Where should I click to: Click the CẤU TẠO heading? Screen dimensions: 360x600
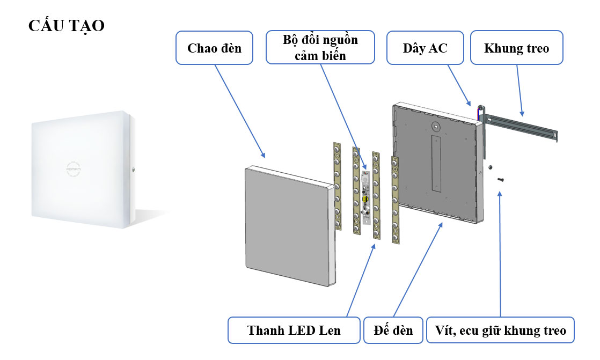[67, 26]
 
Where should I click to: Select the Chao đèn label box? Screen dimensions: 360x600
[214, 48]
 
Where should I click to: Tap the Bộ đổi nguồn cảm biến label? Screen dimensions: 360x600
[321, 47]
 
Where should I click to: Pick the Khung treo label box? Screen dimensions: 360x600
[516, 48]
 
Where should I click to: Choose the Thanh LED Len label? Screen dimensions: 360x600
[294, 330]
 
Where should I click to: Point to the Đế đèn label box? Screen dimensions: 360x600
[393, 330]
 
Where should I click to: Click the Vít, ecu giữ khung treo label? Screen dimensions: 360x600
[500, 330]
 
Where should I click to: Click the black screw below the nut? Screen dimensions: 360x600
[501, 179]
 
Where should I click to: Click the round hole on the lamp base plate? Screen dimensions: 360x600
[436, 128]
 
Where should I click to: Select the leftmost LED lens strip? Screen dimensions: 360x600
[337, 185]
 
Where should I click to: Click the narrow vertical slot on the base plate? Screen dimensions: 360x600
[435, 164]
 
